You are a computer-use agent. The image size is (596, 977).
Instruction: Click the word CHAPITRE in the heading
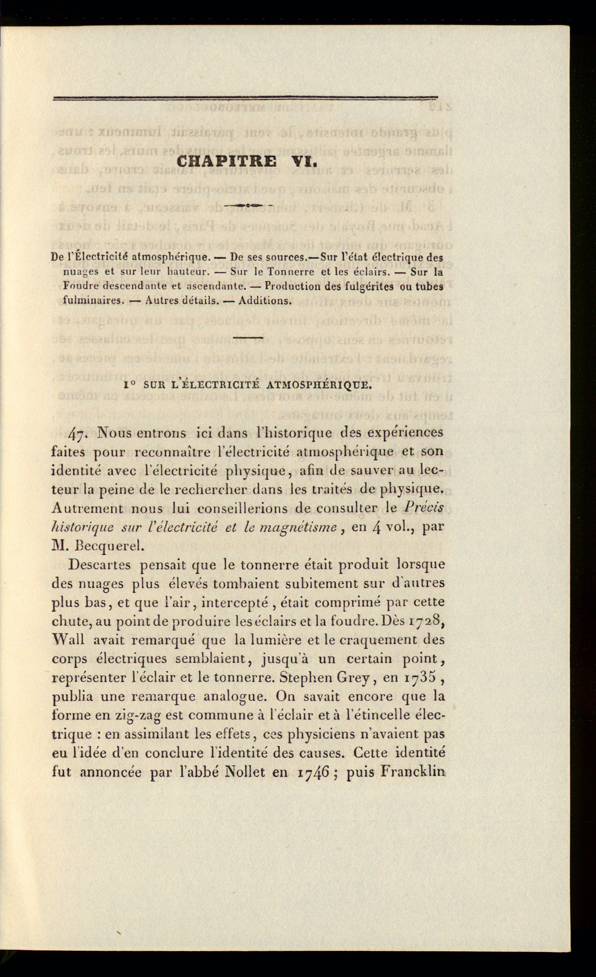pos(227,162)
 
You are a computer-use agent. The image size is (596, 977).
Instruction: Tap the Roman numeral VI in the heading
pos(304,162)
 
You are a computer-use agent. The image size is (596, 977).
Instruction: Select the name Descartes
pos(99,565)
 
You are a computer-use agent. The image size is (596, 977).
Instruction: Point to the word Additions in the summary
pos(264,300)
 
